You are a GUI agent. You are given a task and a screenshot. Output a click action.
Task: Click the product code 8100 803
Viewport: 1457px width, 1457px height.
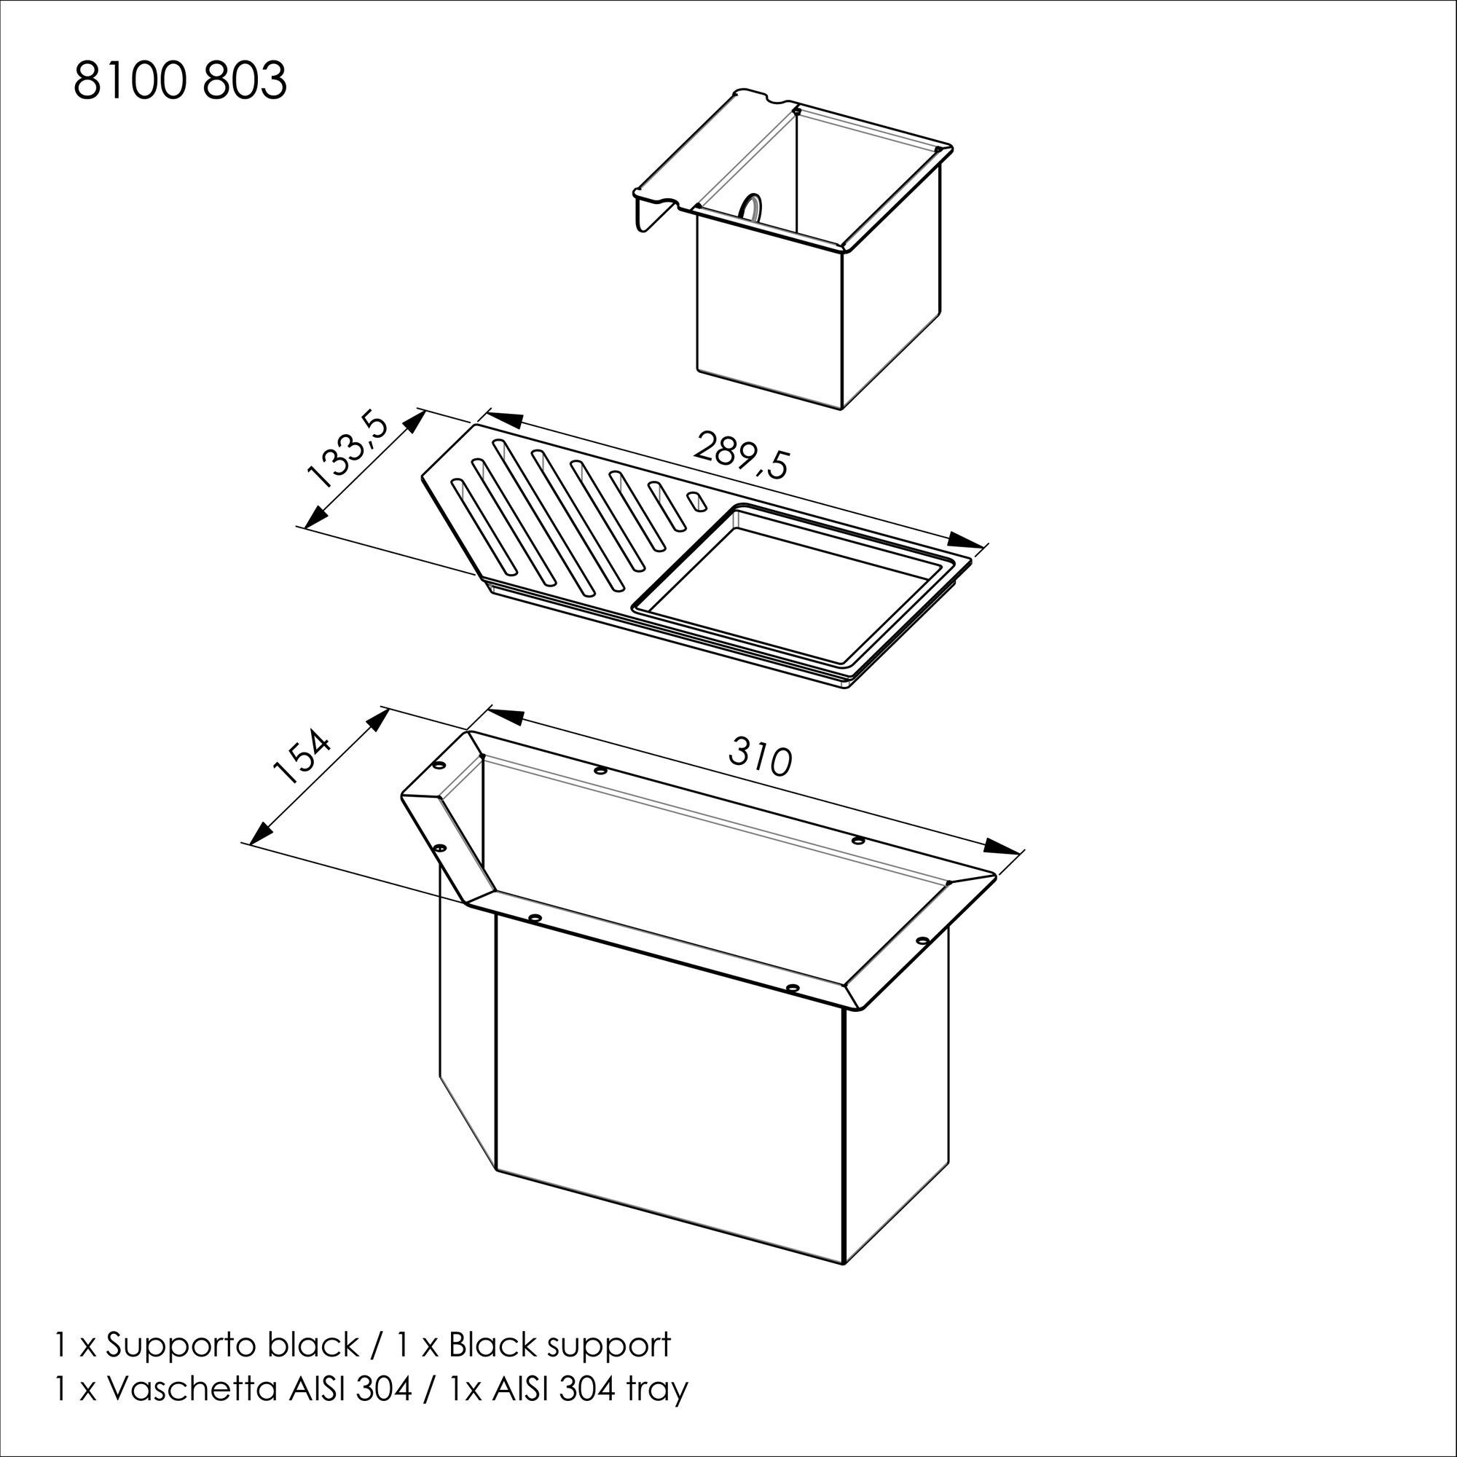(x=179, y=82)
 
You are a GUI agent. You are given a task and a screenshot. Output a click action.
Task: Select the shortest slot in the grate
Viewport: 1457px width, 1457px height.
(x=696, y=501)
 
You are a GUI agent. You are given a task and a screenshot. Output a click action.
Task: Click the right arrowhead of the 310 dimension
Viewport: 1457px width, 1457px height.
(x=1002, y=845)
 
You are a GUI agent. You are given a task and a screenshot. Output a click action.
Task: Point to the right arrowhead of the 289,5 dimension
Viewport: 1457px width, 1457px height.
(x=968, y=541)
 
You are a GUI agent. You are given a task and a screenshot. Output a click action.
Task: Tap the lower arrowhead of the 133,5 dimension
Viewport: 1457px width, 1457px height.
(x=315, y=515)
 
